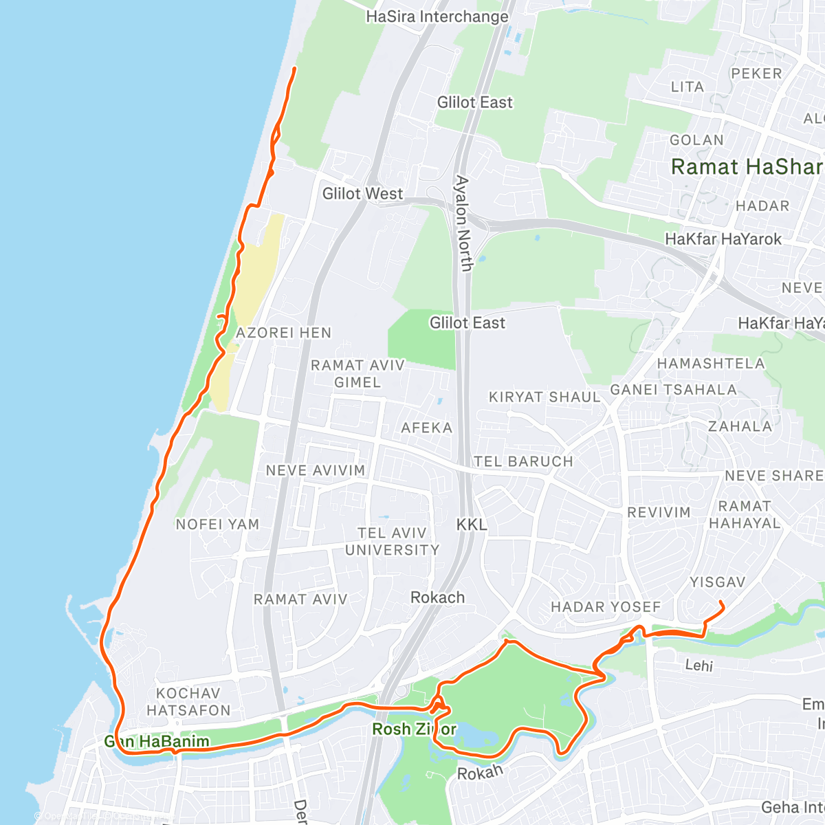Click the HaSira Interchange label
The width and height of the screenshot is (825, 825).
point(437,16)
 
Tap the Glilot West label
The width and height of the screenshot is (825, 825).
point(362,194)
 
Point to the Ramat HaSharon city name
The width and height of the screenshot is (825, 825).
point(747,167)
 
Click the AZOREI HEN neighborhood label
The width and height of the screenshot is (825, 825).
point(283,333)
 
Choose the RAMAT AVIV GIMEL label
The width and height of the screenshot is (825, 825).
point(357,373)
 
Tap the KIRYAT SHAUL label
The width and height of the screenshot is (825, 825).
point(544,397)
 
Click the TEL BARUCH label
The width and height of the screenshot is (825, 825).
point(523,461)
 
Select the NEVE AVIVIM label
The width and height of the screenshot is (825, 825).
point(316,471)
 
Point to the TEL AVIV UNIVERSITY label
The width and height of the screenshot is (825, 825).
point(392,542)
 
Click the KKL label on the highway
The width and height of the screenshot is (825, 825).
point(472,525)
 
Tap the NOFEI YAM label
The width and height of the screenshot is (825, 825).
point(217,525)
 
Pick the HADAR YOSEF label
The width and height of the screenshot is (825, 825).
point(606,607)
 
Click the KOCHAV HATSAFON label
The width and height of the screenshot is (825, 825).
point(188,701)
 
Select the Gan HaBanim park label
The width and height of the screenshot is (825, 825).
point(156,742)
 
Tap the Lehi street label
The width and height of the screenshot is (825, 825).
point(698,665)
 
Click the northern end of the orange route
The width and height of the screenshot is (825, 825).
point(295,68)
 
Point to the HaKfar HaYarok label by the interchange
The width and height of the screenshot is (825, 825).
point(723,239)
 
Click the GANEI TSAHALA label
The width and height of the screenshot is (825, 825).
point(673,390)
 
